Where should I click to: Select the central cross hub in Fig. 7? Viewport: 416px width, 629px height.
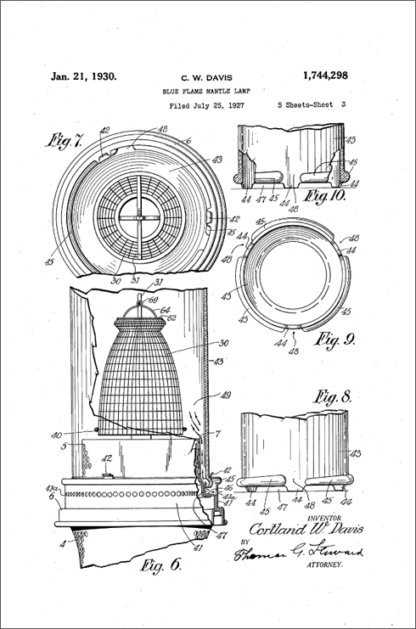pyautogui.click(x=139, y=214)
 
